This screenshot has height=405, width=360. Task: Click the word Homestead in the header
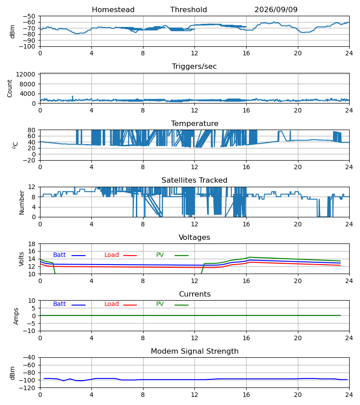coord(113,10)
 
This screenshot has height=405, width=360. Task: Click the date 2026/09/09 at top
coord(276,10)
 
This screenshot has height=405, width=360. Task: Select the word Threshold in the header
coord(189,10)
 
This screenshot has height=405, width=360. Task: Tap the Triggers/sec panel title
coord(194,67)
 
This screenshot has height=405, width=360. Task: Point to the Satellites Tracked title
coord(194,180)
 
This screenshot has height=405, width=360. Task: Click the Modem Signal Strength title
coord(194,351)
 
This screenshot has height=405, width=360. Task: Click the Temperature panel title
coord(194,123)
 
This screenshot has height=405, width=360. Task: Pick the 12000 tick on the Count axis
coord(26,75)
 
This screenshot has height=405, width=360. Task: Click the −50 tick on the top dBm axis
coord(29,16)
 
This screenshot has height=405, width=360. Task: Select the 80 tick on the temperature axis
coord(31,130)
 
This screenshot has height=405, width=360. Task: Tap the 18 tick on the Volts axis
coord(31,244)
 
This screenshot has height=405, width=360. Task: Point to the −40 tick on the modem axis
coord(29,358)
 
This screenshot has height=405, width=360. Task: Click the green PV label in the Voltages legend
coord(160,255)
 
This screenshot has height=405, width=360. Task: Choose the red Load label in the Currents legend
coord(112,304)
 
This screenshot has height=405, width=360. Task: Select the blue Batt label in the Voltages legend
coord(59,255)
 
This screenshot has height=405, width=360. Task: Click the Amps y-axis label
coord(16,316)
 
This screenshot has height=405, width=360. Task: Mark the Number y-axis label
coord(22,203)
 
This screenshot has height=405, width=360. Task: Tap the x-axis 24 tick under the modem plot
coord(349,395)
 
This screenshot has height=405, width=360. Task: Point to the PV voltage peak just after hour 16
coord(249,257)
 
